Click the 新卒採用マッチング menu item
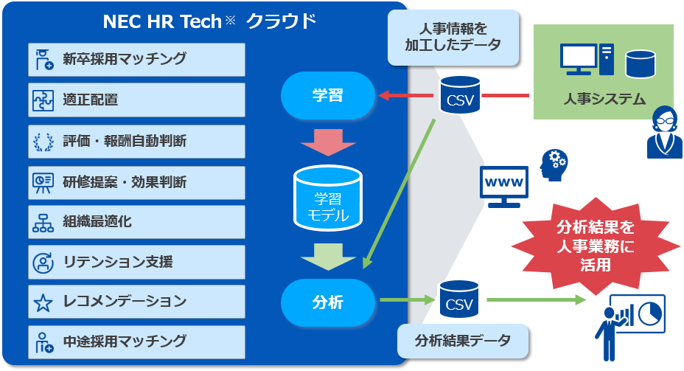point(136,59)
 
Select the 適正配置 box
point(136,100)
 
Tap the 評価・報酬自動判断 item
point(136,140)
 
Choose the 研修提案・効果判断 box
point(136,181)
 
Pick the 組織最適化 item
point(136,221)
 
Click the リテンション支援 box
point(136,261)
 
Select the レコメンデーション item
point(136,301)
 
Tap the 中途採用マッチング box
point(136,341)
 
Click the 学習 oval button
point(328,95)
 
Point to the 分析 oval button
point(328,302)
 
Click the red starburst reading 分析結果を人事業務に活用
point(594,246)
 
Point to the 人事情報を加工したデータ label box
point(453,37)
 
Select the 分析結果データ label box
point(463,341)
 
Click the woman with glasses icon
point(664,133)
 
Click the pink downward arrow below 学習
point(328,142)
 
